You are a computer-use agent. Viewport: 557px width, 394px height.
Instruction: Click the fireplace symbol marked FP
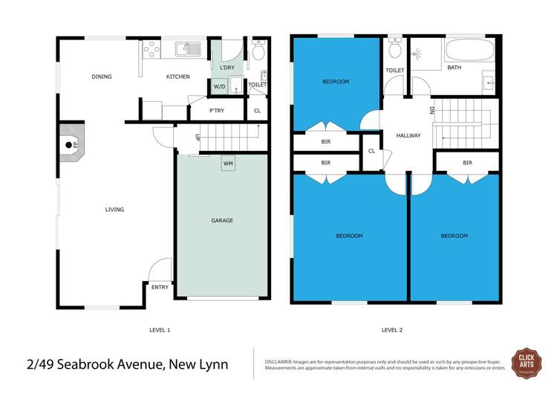click(x=70, y=145)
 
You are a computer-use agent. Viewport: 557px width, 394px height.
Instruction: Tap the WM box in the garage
click(x=228, y=163)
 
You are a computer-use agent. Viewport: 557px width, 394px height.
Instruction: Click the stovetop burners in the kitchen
click(x=152, y=50)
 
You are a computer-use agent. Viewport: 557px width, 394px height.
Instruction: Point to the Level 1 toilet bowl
click(x=258, y=52)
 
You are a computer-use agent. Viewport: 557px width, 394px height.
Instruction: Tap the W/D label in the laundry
click(x=219, y=87)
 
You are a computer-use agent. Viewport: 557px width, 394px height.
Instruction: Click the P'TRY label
click(x=216, y=111)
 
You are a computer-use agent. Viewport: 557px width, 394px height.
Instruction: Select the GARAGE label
click(x=222, y=220)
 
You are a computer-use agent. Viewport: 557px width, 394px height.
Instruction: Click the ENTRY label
click(x=160, y=287)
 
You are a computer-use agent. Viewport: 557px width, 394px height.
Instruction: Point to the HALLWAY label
click(x=408, y=135)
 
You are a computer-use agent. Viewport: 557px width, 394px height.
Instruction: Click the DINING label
click(x=101, y=77)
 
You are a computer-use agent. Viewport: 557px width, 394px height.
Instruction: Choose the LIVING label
click(x=114, y=210)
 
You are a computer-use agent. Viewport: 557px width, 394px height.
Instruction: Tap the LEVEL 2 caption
click(x=391, y=329)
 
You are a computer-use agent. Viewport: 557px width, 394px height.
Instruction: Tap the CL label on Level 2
click(x=371, y=151)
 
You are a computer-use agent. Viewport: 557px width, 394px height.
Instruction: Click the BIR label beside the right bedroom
click(x=466, y=163)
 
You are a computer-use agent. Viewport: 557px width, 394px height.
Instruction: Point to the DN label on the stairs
click(x=431, y=111)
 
